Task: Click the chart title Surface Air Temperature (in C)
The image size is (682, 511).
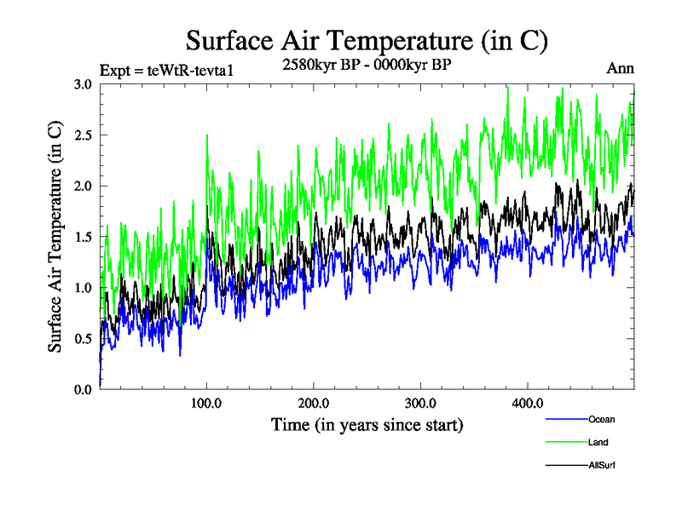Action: pos(367,40)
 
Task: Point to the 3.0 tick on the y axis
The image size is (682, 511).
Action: pos(83,84)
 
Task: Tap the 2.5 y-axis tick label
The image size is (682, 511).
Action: pos(83,135)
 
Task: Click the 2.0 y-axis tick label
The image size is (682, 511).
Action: pos(83,186)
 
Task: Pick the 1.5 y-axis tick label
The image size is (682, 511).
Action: pos(83,237)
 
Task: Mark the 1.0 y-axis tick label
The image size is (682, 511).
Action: pos(83,288)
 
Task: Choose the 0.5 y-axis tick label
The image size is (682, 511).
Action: pos(83,338)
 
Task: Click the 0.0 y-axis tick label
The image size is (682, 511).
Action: pos(83,389)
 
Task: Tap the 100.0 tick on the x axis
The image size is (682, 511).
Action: pos(207,402)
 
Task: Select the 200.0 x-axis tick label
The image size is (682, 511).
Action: pos(314,402)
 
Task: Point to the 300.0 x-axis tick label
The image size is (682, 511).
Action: pos(421,402)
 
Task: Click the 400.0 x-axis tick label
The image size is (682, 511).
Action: pos(528,402)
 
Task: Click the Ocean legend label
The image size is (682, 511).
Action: pos(601,419)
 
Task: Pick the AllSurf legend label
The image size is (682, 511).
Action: pos(602,465)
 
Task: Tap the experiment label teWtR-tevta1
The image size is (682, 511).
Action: pos(166,70)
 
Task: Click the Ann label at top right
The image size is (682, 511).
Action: pos(620,68)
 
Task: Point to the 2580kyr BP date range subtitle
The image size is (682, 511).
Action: pos(367,63)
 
